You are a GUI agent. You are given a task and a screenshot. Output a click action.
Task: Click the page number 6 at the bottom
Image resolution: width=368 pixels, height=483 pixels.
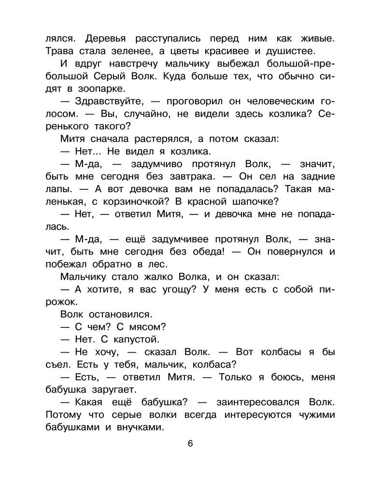[190, 444]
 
